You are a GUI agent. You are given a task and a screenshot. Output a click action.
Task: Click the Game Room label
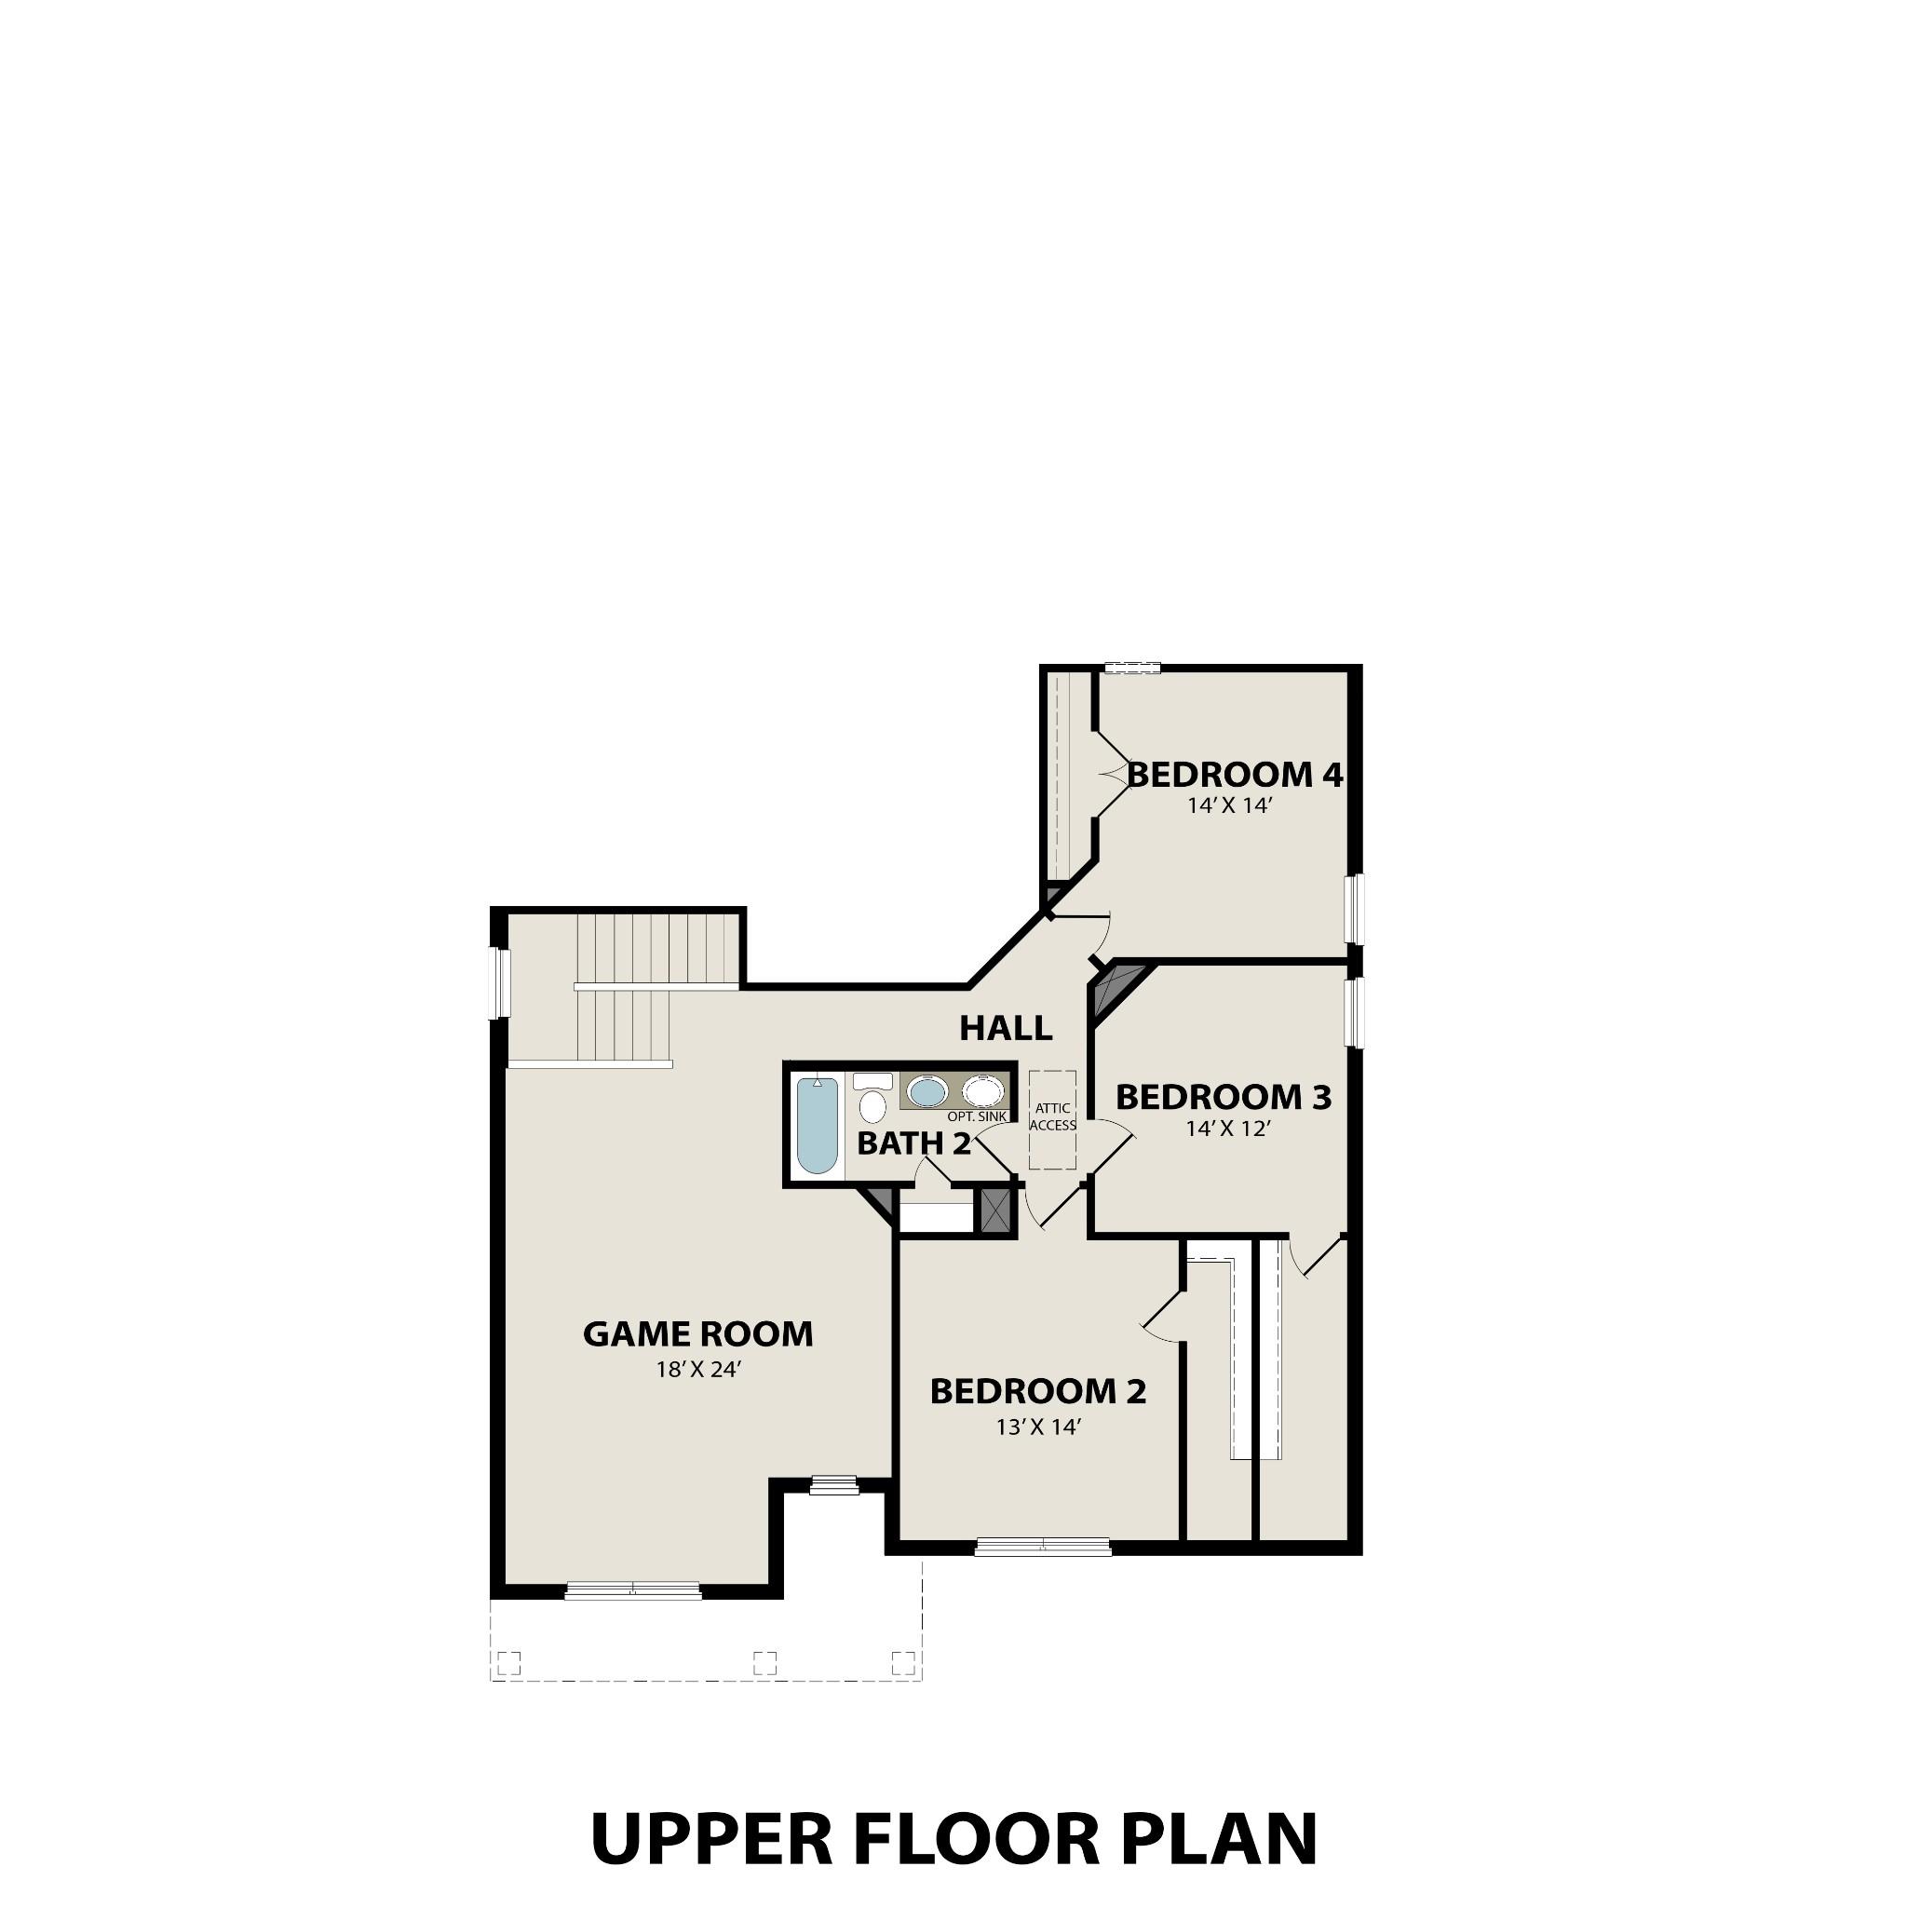tap(697, 1334)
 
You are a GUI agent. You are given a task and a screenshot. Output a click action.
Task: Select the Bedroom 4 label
tap(1235, 775)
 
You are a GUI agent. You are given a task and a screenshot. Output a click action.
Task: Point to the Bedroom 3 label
tap(1223, 1097)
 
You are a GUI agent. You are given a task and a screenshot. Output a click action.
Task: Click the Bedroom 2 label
tap(1037, 1391)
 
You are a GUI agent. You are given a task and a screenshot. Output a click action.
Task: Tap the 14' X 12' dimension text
tap(1227, 1129)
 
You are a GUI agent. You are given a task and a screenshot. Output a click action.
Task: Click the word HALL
tap(1006, 1029)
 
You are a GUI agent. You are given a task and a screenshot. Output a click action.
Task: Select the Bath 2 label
tap(913, 1144)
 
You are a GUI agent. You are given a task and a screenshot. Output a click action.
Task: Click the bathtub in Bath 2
tap(818, 1124)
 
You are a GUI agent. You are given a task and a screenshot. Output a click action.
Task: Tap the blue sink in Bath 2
tap(926, 1091)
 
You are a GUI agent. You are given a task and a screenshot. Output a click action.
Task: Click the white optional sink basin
tap(982, 1091)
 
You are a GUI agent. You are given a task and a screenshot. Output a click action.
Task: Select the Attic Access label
tap(1052, 1116)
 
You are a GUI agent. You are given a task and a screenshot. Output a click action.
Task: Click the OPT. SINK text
tap(976, 1116)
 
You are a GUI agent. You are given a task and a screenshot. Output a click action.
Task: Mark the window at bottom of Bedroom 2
tap(1042, 1547)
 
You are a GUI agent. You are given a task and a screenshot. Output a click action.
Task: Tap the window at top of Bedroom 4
tap(1131, 669)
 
